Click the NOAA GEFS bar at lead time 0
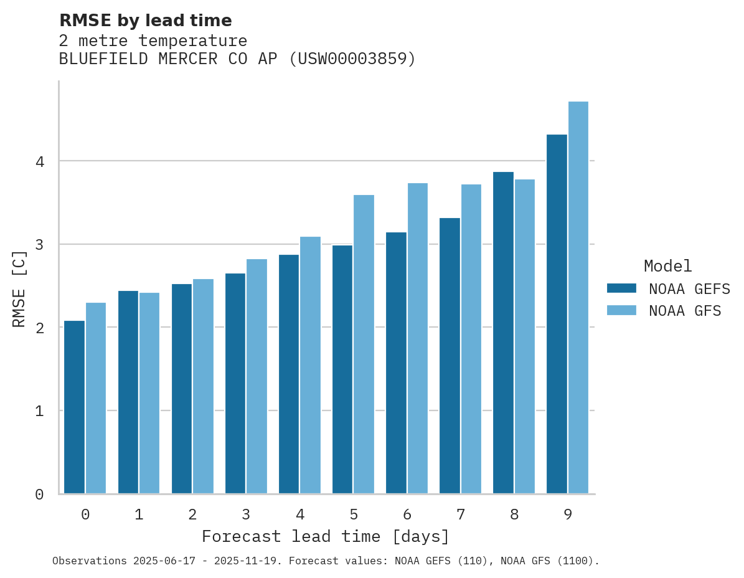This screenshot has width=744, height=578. click(x=74, y=407)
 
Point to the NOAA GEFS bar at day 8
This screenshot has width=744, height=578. click(x=503, y=333)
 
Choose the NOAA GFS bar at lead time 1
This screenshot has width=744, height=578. click(x=149, y=393)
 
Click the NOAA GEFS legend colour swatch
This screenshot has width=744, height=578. click(x=621, y=288)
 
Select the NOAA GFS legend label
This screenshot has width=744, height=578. click(x=685, y=311)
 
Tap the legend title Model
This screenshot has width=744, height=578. click(x=667, y=267)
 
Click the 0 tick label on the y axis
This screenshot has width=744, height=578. click(x=39, y=495)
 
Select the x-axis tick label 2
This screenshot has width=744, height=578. click(x=192, y=514)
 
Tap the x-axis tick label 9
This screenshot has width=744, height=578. click(x=568, y=514)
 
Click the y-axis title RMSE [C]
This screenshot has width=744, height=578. click(x=19, y=288)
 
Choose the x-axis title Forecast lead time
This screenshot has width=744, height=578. click(x=325, y=536)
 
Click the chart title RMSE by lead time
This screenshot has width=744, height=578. click(x=145, y=21)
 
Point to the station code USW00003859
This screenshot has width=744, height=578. click(x=352, y=59)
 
